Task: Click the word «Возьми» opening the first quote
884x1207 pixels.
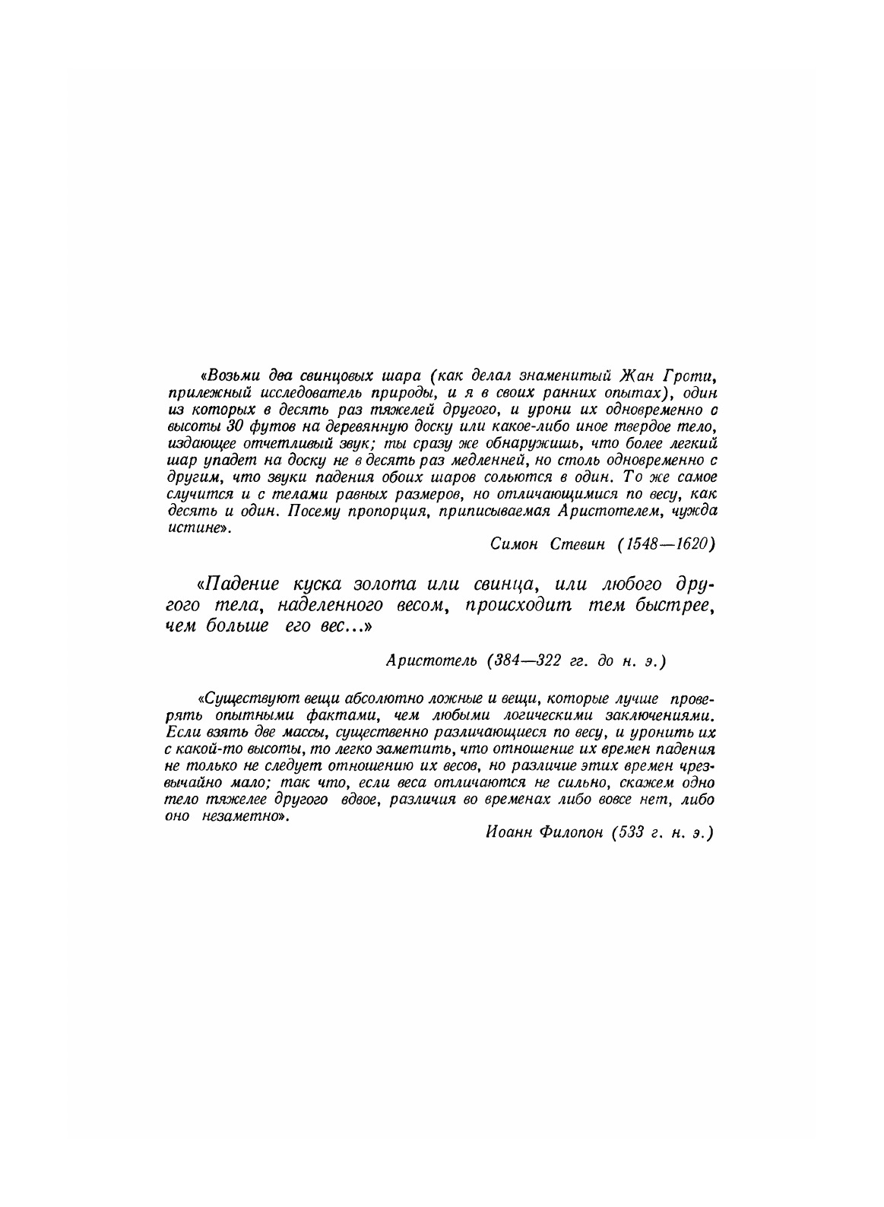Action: (x=228, y=376)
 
